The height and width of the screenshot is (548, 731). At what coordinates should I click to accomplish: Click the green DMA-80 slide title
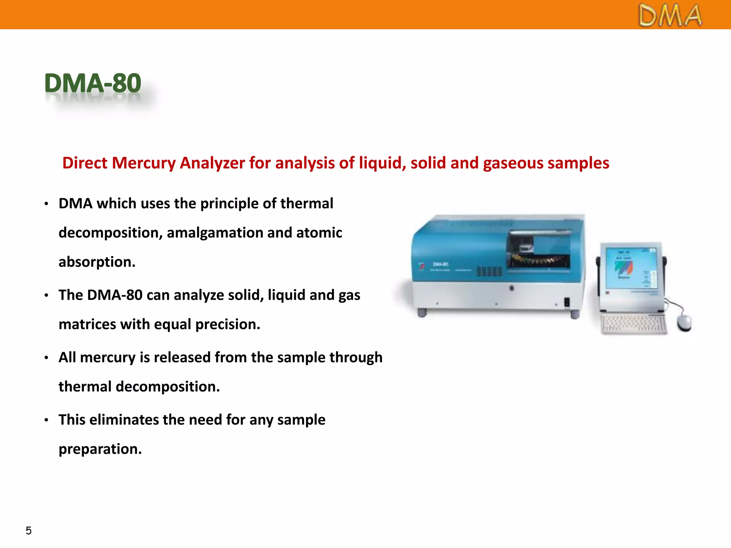tap(93, 83)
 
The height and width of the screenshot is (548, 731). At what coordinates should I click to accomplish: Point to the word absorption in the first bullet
tap(96, 262)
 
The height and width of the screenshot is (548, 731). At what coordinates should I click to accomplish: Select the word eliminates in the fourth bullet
tap(124, 420)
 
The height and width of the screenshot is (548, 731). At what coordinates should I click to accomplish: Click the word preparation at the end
tap(100, 449)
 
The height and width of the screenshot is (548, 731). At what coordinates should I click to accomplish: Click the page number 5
tap(29, 531)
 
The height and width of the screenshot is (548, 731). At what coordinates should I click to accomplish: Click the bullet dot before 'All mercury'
tap(46, 358)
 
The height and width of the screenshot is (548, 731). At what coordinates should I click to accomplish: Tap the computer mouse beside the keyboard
tap(684, 323)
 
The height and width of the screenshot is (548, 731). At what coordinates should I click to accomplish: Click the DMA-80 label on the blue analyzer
tap(440, 264)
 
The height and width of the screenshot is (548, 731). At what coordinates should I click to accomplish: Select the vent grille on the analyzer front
tap(490, 272)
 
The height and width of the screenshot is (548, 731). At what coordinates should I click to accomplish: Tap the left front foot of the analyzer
tap(422, 313)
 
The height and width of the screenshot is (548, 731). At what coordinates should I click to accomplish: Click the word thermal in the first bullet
tap(307, 204)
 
